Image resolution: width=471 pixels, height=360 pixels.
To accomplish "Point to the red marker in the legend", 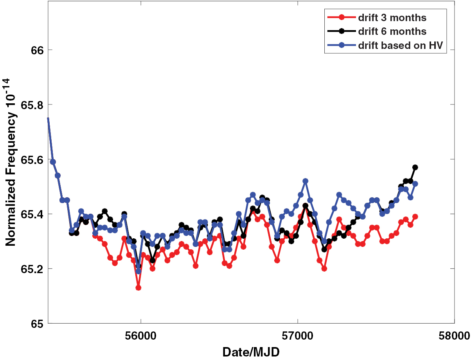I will (342, 18).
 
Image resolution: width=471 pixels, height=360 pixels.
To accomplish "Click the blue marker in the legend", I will (342, 45).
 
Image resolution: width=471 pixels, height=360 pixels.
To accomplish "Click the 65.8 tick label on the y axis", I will (27, 105).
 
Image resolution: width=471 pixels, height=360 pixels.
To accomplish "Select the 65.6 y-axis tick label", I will (27, 160).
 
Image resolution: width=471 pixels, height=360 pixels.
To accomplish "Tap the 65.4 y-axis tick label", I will (27, 214).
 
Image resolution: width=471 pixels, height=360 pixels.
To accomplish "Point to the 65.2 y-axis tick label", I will (27, 269).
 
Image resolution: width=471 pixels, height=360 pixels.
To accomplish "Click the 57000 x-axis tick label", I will (297, 335).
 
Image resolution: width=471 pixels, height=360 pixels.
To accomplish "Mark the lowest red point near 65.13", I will (138, 288).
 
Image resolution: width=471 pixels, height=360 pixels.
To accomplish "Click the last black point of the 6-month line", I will (415, 167).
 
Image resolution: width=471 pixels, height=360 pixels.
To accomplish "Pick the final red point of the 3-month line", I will (415, 216).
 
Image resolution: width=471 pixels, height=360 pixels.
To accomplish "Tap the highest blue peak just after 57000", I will (306, 181).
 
